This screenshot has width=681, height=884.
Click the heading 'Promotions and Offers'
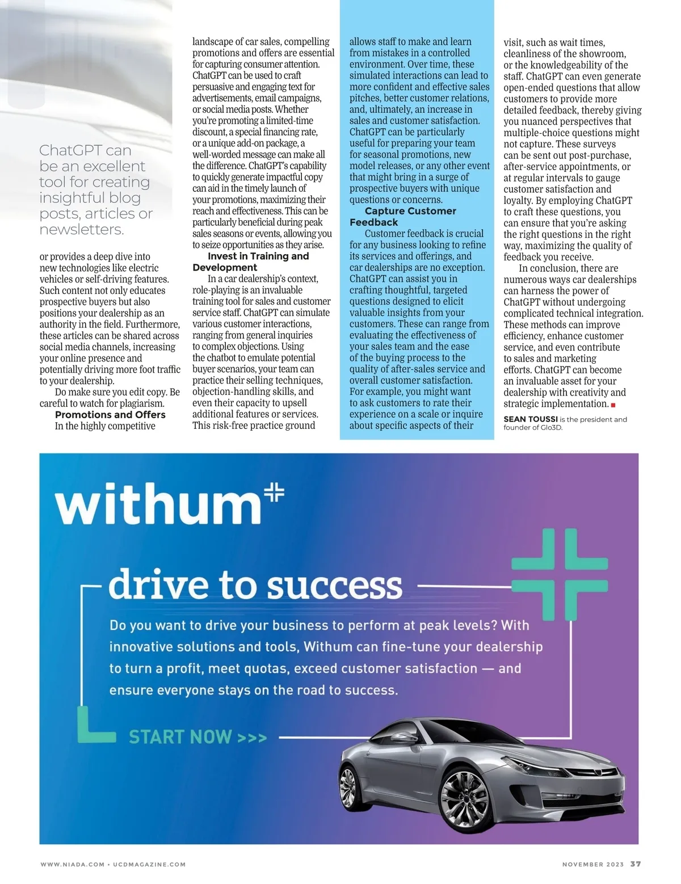110,415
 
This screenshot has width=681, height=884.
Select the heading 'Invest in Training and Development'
250,262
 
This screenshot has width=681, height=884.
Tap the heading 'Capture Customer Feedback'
403,217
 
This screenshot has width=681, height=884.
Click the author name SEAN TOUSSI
530,419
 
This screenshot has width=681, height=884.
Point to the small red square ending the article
613,405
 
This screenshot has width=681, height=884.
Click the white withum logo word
157,504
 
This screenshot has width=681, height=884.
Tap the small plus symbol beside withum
275,492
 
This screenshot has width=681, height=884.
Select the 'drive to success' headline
255,585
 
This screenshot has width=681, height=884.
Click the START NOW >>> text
197,737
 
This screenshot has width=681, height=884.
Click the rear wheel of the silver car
348,786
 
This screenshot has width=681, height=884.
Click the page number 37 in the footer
636,864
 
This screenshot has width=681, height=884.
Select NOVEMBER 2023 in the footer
592,865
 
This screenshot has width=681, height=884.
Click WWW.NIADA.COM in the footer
72,865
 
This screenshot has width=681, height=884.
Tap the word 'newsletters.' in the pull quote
82,230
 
